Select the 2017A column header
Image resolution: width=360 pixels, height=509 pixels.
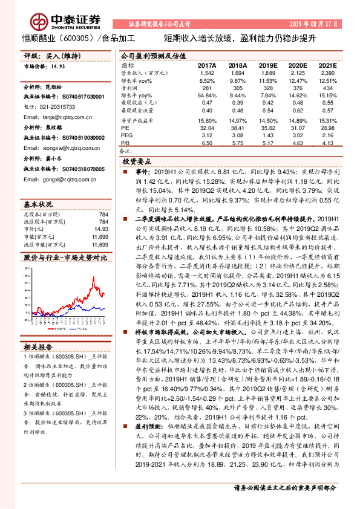pyautogui.click(x=206, y=65)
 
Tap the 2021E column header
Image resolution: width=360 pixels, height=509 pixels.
pyautogui.click(x=326, y=65)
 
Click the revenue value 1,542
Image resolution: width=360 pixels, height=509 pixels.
pyautogui.click(x=206, y=73)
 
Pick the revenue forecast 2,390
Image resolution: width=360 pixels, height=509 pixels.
pyautogui.click(x=326, y=73)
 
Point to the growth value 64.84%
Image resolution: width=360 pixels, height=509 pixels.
pyautogui.click(x=206, y=96)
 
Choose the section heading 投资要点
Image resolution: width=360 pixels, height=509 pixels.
pyautogui.click(x=137, y=163)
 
